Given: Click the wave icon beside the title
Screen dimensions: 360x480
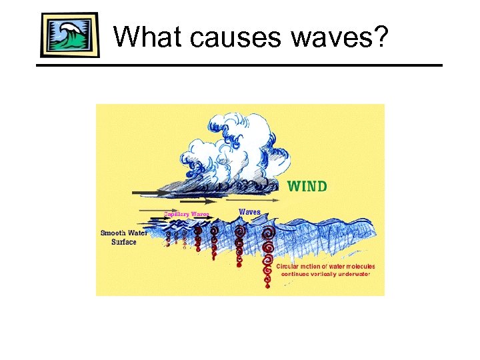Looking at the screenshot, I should pos(70,35).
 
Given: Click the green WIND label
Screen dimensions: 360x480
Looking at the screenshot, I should pos(307,186).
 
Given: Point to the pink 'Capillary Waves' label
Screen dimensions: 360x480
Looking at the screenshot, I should pos(187,214).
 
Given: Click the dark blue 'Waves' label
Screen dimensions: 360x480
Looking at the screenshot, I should pos(250,211).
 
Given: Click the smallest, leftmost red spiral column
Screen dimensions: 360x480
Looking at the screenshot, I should pos(167,237).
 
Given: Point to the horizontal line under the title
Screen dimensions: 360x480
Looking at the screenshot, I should pos(240,65).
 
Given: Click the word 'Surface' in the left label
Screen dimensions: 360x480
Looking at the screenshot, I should pos(123,242).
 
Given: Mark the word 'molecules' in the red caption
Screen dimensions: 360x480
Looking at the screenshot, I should pos(359,266).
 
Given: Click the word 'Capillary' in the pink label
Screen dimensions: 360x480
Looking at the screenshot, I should pos(177,214).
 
